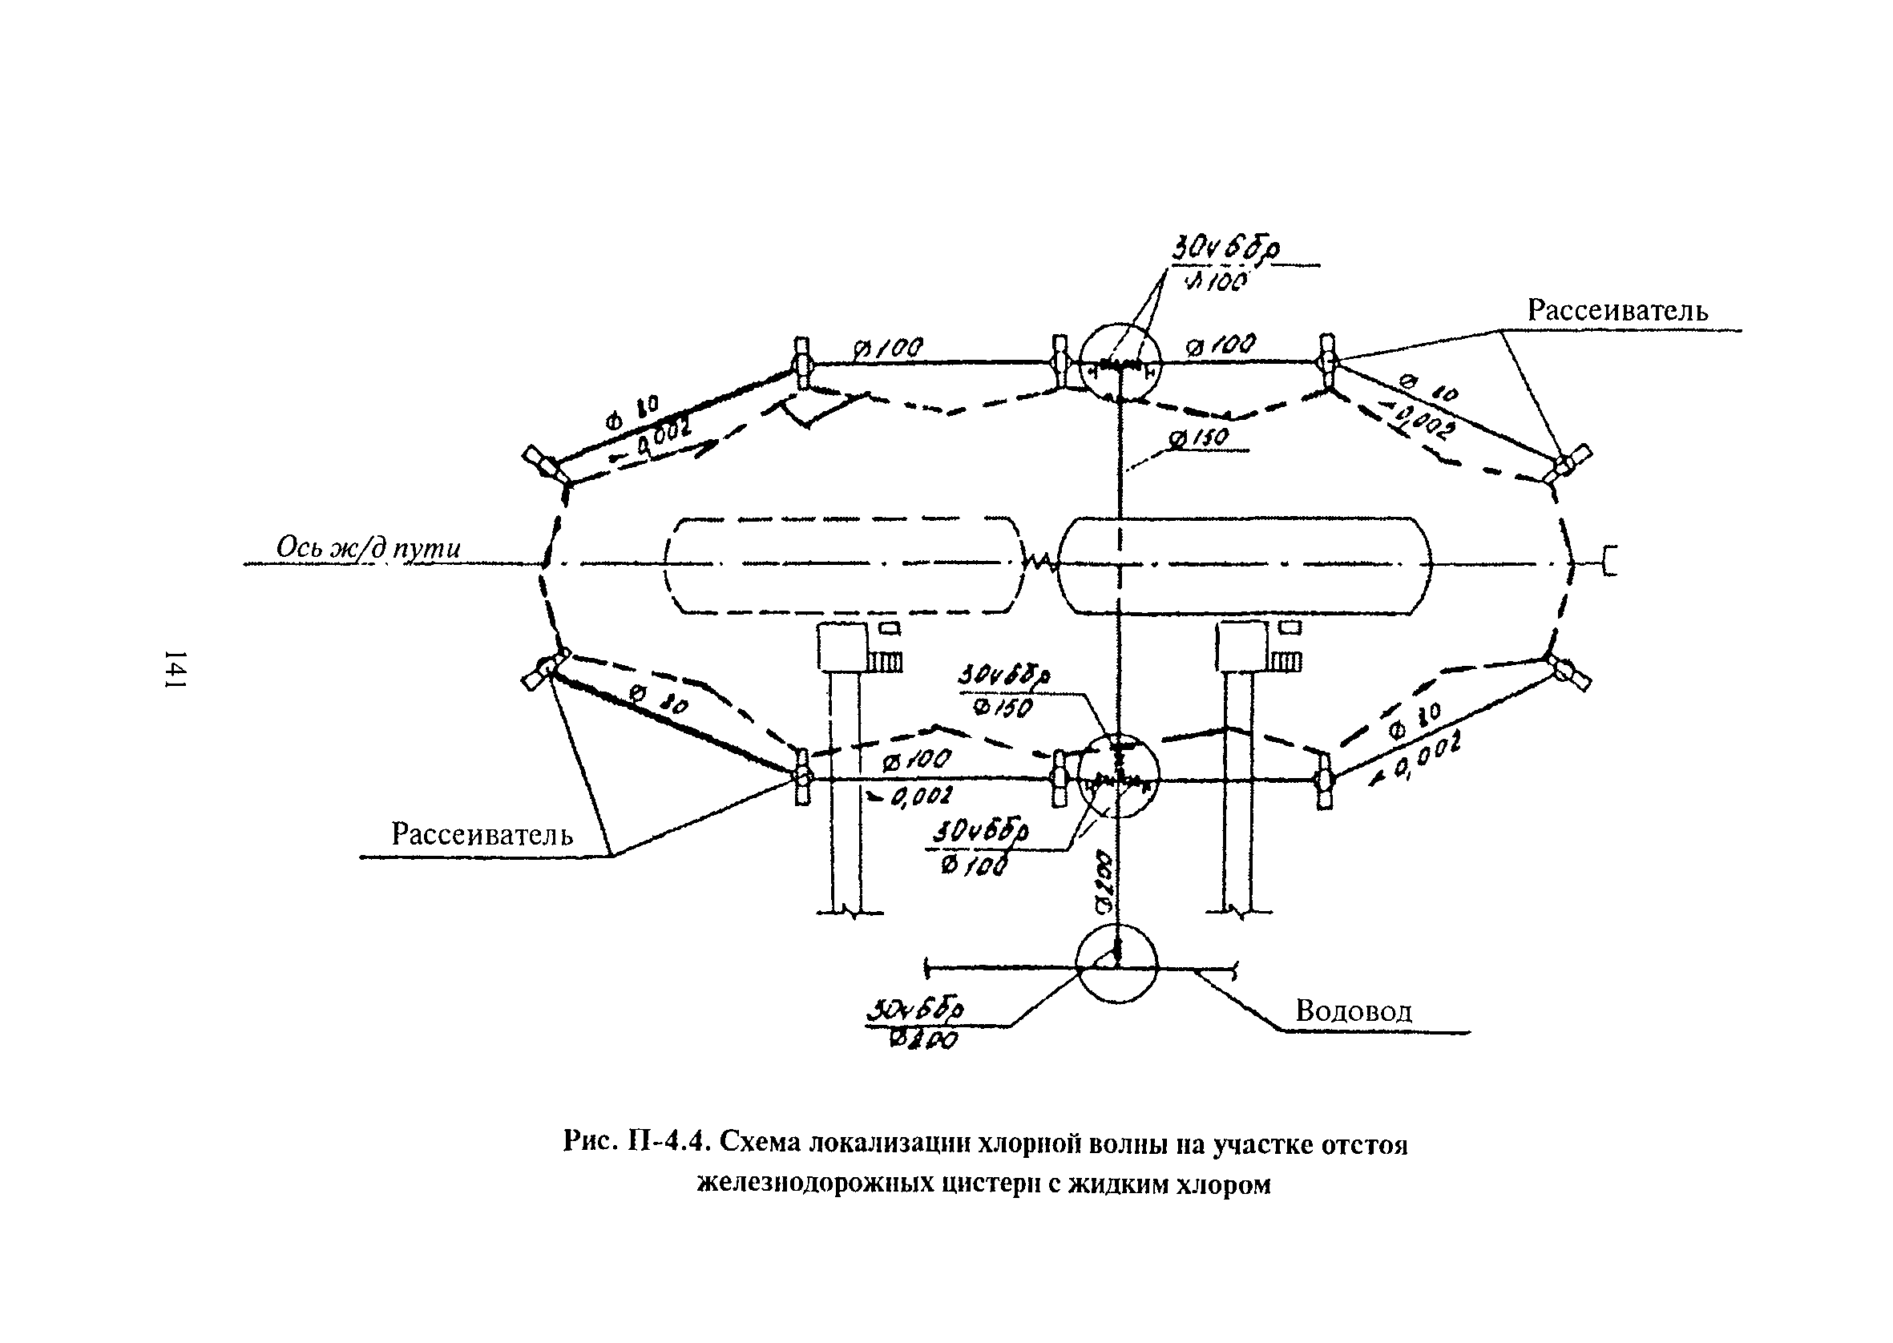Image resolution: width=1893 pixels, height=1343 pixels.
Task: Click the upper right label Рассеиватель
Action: [x=1617, y=311]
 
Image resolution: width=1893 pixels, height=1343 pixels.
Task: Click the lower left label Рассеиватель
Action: [x=482, y=834]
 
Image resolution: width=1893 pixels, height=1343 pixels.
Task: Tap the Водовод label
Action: [x=1354, y=1010]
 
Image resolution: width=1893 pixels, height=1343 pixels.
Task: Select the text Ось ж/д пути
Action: [x=368, y=548]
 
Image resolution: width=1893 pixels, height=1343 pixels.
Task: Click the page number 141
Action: [x=175, y=668]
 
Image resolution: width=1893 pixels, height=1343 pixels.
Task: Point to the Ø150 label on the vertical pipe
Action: [x=1209, y=438]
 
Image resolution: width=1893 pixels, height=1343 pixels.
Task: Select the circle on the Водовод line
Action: [x=1117, y=964]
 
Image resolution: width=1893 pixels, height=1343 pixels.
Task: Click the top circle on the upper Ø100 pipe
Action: [x=1120, y=364]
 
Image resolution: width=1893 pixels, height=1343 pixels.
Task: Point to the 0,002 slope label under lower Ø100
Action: [x=914, y=797]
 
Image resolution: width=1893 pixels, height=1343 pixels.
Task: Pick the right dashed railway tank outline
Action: [x=1244, y=566]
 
